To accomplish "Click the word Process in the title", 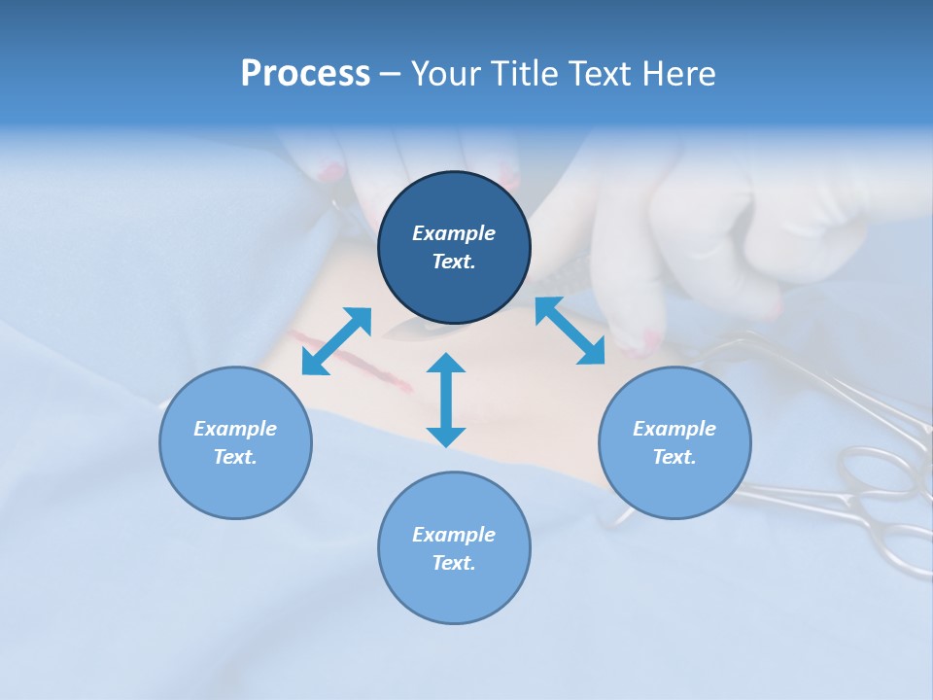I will [305, 74].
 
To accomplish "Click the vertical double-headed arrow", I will [446, 400].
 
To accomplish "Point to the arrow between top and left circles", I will [336, 341].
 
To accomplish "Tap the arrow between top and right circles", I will [570, 331].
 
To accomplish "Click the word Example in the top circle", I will [454, 233].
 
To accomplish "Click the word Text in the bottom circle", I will [454, 563].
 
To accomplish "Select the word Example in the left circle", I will [235, 429].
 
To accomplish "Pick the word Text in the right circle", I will [674, 457].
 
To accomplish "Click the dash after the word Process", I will [391, 74].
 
